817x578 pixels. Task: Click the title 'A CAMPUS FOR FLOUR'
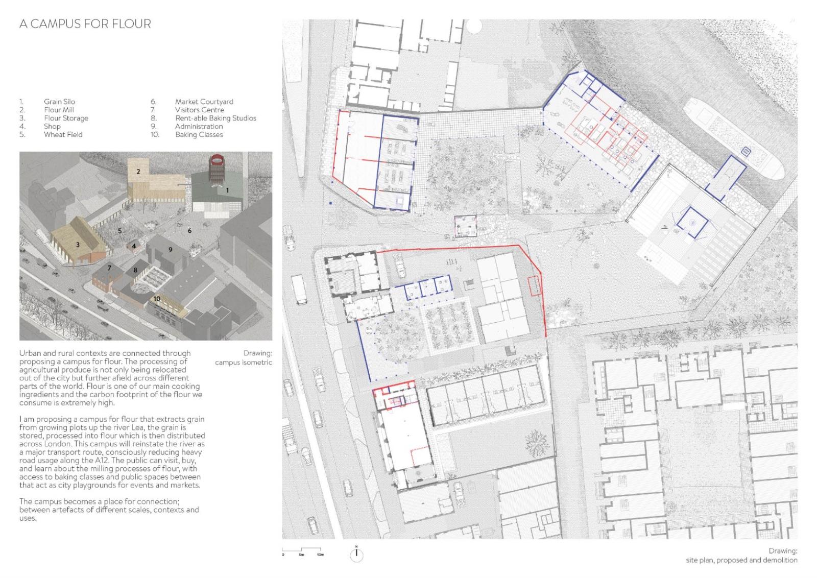click(x=85, y=24)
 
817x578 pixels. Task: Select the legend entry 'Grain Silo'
click(x=59, y=102)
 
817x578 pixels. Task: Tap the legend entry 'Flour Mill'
click(x=59, y=110)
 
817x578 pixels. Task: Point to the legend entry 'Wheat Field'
click(x=63, y=135)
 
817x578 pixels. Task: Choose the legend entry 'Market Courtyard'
click(x=204, y=102)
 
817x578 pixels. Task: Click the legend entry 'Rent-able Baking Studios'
click(x=215, y=118)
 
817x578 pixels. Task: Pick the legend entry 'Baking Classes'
click(x=199, y=135)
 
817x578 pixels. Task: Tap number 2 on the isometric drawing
click(x=138, y=172)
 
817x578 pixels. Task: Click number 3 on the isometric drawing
click(x=78, y=245)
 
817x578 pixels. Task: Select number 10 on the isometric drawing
click(x=157, y=299)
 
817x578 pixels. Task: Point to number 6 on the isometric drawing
click(x=189, y=230)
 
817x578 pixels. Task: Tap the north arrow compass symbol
click(x=356, y=555)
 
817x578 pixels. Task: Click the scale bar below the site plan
click(x=302, y=549)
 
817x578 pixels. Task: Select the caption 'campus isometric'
click(x=243, y=363)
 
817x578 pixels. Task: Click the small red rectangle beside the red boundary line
click(x=534, y=286)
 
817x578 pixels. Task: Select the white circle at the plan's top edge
click(x=474, y=26)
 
